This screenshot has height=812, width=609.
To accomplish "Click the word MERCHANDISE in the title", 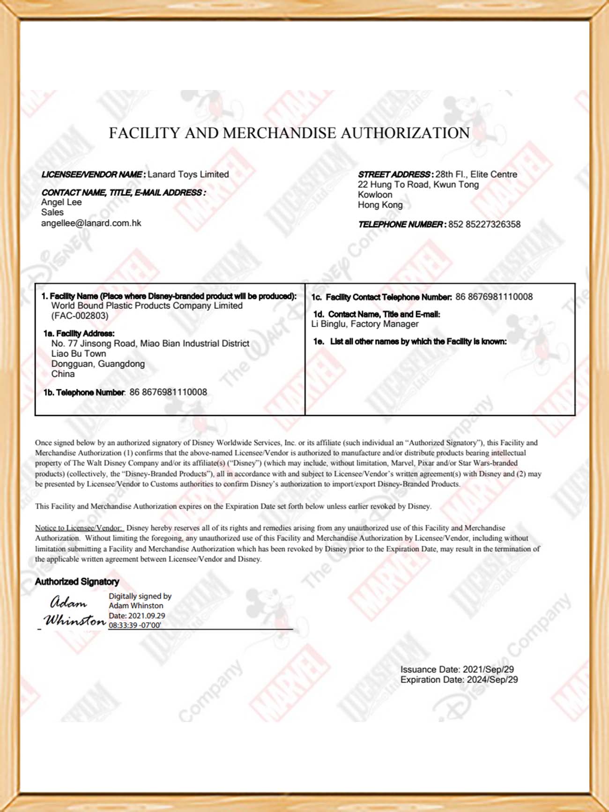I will pyautogui.click(x=280, y=133).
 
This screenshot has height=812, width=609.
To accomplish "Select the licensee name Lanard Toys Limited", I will pyautogui.click(x=188, y=174).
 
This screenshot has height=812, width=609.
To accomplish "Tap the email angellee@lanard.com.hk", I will pyautogui.click(x=91, y=223).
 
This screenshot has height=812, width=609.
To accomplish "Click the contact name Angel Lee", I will pyautogui.click(x=61, y=202).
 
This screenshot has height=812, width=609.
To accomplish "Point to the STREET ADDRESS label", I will pyautogui.click(x=394, y=174).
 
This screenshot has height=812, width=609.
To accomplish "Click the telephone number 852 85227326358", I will pyautogui.click(x=484, y=224).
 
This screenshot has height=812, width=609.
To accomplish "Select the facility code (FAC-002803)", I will pyautogui.click(x=80, y=316).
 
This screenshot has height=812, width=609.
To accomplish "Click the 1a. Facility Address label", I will pyautogui.click(x=79, y=334).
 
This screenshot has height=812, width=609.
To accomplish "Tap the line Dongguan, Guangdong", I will pyautogui.click(x=98, y=364).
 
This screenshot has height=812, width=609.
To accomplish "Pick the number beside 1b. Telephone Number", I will pyautogui.click(x=168, y=392).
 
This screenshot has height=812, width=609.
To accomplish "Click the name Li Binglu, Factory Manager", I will pyautogui.click(x=365, y=324).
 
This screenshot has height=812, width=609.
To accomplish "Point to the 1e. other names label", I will pyautogui.click(x=410, y=342).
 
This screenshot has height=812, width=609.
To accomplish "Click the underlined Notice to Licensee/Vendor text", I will pyautogui.click(x=79, y=528).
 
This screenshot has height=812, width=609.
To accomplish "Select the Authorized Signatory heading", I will pyautogui.click(x=77, y=581).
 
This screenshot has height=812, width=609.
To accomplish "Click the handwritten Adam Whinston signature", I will pyautogui.click(x=74, y=612).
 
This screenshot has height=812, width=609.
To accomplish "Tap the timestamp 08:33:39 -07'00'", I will pyautogui.click(x=135, y=625).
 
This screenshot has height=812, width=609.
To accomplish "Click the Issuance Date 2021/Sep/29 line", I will pyautogui.click(x=457, y=670).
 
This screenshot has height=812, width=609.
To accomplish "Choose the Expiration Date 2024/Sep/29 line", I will pyautogui.click(x=459, y=680).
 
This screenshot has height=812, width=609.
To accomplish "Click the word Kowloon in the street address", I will pyautogui.click(x=375, y=194).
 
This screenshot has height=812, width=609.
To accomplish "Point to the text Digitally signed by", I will pyautogui.click(x=140, y=596).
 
